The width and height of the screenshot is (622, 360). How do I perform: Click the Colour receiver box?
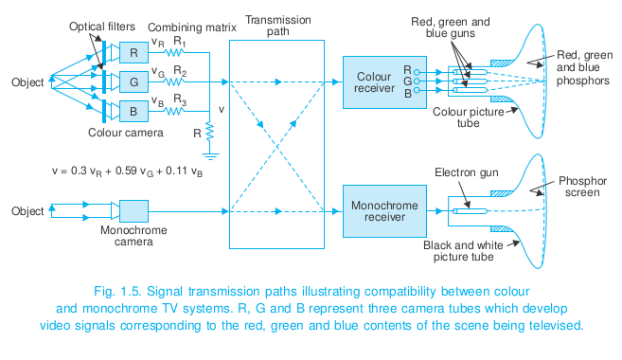(x=375, y=82)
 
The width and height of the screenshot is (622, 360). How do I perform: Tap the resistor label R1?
(x=179, y=43)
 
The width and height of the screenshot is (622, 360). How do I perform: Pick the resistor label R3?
(x=179, y=102)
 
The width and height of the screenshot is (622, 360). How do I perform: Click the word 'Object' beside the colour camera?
(x=26, y=81)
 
